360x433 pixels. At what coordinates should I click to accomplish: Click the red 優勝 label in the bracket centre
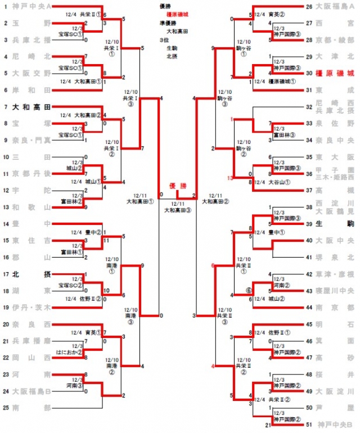(x=177, y=185)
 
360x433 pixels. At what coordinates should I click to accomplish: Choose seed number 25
(x=6, y=407)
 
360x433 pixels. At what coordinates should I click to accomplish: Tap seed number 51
(x=309, y=424)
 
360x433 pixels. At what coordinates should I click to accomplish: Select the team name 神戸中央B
(x=335, y=424)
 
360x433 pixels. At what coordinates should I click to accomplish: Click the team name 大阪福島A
(x=335, y=7)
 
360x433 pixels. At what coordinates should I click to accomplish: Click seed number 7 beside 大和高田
(x=5, y=107)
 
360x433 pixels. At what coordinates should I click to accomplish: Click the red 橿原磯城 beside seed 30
(x=335, y=74)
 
